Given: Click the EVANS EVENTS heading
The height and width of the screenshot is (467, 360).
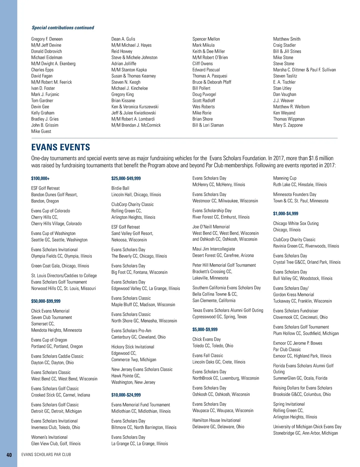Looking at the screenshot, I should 61,147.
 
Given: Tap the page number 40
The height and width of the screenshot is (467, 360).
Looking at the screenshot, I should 9,455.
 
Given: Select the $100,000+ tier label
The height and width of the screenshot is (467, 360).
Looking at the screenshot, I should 40,178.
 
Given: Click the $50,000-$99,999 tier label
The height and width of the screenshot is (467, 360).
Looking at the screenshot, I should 46,301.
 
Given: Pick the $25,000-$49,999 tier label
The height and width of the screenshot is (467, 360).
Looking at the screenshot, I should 126,178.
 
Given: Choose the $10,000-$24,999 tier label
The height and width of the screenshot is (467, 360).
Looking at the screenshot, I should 126,395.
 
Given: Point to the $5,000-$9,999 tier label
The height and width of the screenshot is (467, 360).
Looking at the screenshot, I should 205,329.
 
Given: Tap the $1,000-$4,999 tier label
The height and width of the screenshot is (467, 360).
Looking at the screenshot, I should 286,213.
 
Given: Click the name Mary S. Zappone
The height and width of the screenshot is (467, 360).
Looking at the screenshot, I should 288,125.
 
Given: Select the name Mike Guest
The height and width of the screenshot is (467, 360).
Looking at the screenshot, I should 41,131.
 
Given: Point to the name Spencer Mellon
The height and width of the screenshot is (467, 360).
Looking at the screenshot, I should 206,39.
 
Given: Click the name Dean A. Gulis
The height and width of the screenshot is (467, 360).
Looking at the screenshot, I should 123,39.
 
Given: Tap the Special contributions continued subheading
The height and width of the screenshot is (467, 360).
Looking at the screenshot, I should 63,28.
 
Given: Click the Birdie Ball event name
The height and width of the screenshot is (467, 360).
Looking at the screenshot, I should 120,188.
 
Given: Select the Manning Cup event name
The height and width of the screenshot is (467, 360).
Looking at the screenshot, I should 285,178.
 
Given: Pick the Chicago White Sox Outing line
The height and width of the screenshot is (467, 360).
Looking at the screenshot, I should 296,223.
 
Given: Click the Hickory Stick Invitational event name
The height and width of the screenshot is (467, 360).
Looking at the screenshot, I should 133,347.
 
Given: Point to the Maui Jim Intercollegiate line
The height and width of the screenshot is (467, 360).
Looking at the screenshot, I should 214,249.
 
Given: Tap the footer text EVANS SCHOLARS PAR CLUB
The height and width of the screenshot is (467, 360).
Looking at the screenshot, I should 46,454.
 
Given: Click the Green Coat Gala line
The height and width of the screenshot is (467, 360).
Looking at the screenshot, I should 60,266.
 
